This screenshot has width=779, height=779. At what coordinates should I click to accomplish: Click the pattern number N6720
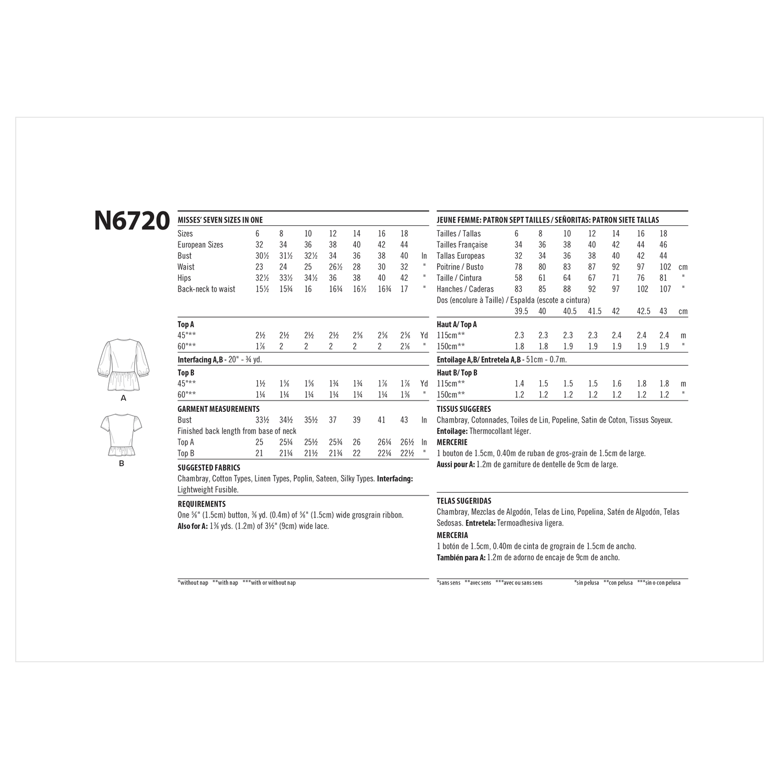[x=132, y=221]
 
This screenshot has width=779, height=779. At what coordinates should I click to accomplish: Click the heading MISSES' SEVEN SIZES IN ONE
[x=220, y=220]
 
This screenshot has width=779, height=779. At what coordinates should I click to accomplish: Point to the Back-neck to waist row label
[x=206, y=289]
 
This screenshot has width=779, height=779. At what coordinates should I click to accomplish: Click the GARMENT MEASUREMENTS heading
[x=218, y=409]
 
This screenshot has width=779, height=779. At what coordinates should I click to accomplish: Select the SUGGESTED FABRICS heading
[x=209, y=468]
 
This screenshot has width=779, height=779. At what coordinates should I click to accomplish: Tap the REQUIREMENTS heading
[x=202, y=504]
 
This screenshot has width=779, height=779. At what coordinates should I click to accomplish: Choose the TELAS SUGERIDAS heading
[x=464, y=501]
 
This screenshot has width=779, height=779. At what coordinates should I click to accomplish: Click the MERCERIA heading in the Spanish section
[x=452, y=535]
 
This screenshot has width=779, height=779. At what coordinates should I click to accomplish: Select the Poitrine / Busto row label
[x=460, y=267]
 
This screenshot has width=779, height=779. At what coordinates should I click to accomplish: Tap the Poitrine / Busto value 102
[x=665, y=267]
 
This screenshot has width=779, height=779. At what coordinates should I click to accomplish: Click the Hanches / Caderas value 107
[x=665, y=289]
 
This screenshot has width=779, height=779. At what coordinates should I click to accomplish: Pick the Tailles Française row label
[x=462, y=245]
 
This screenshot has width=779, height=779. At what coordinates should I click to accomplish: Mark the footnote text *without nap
[x=193, y=583]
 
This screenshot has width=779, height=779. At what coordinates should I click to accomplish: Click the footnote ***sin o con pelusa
[x=659, y=583]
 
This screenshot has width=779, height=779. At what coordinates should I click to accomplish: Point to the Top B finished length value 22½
[x=406, y=453]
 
